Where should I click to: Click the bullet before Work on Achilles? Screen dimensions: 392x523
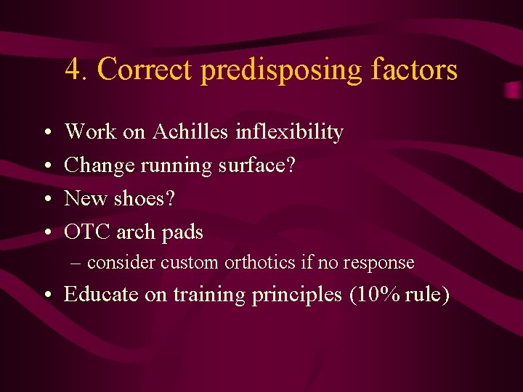click(x=45, y=133)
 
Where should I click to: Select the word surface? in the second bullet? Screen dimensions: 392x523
click(x=258, y=165)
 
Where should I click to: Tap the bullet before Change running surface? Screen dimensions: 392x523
click(x=45, y=166)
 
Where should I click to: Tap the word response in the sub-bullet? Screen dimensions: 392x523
click(x=380, y=263)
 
